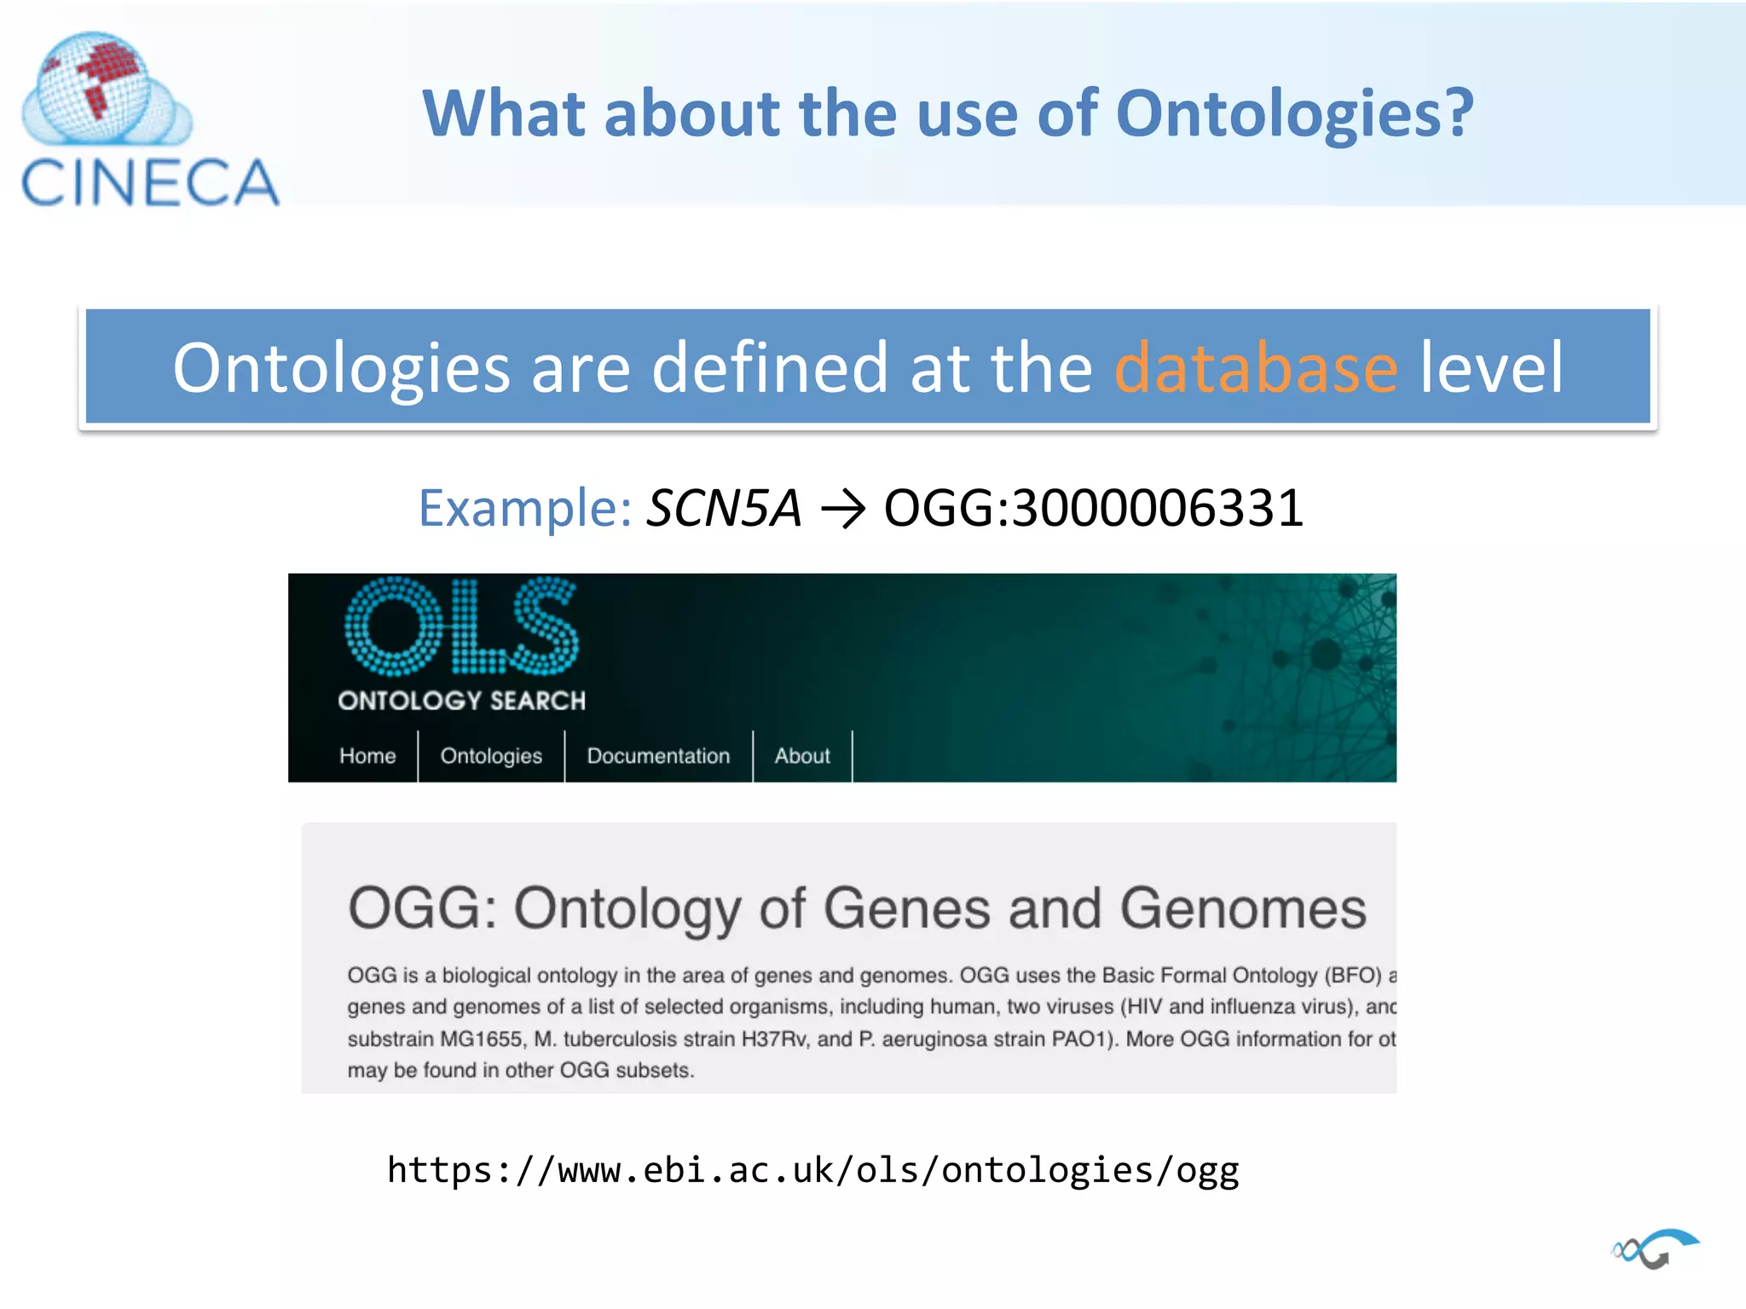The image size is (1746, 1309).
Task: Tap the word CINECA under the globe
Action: (150, 182)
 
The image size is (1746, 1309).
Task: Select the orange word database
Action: (1256, 368)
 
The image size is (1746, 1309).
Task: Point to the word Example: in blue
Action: (524, 509)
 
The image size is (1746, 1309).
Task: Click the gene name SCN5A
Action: (724, 509)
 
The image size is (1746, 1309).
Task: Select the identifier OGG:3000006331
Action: (1094, 509)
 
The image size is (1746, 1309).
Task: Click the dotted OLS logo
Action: (461, 627)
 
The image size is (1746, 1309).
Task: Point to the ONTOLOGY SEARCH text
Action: (461, 701)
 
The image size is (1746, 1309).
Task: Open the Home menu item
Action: (367, 756)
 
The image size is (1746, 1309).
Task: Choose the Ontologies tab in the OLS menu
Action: (491, 756)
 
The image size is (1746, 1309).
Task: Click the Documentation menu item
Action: (658, 756)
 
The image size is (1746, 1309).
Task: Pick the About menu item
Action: (801, 756)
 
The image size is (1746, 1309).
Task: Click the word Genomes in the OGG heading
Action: (1242, 908)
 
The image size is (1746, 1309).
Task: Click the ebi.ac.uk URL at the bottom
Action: (812, 1170)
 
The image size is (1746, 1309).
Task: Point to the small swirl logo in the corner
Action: (1654, 1249)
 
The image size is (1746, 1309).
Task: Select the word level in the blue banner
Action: (1491, 368)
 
